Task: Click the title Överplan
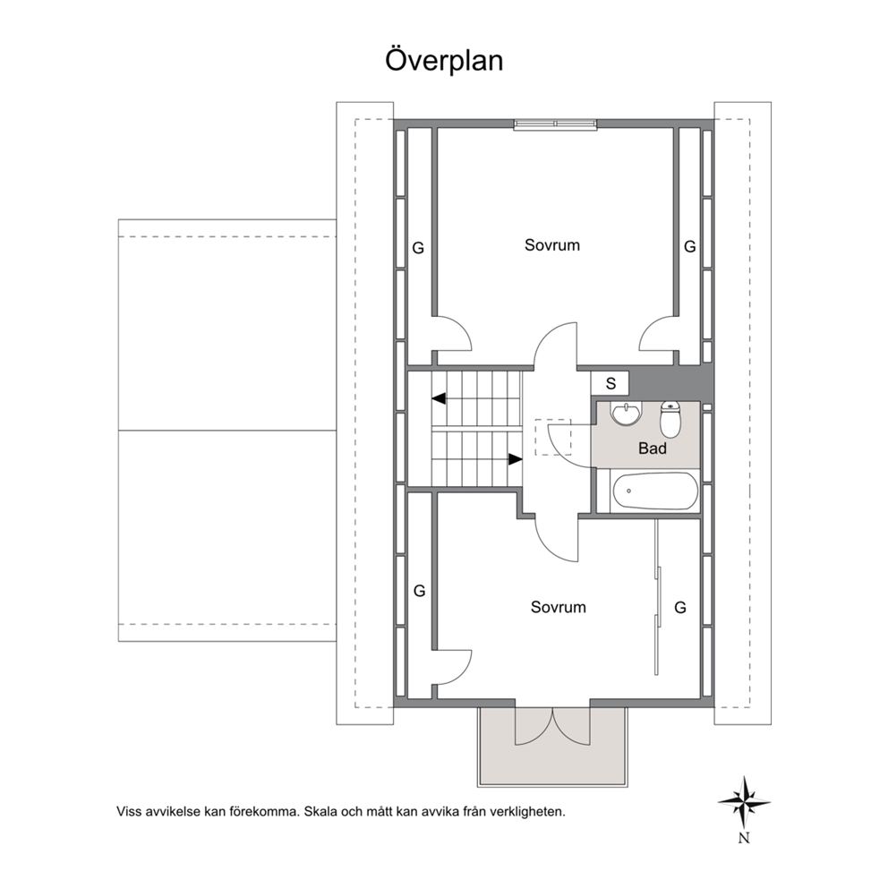[x=444, y=61]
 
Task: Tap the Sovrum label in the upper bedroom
[x=552, y=245]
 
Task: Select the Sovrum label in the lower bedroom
[x=559, y=607]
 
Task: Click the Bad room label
[x=653, y=448]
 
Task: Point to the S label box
[x=610, y=383]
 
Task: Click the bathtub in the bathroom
[x=655, y=491]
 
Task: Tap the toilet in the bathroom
[x=670, y=420]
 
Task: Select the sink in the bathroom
[x=626, y=413]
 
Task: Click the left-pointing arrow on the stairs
[x=439, y=398]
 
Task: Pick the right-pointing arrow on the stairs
[x=516, y=459]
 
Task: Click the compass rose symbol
[x=744, y=802]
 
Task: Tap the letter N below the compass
[x=744, y=838]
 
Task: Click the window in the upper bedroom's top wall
[x=555, y=124]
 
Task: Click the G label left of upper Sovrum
[x=418, y=248]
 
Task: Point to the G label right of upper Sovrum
[x=690, y=246]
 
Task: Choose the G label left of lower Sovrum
[x=419, y=591]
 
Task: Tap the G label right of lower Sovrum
[x=680, y=608]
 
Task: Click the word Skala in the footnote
[x=320, y=812]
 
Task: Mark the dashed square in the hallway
[x=553, y=437]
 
